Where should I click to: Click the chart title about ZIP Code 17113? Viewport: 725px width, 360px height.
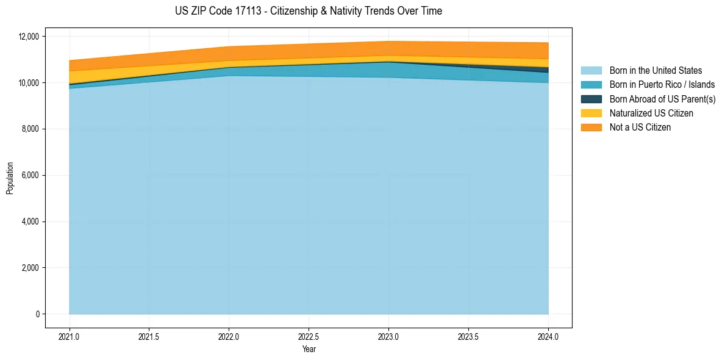coord(308,11)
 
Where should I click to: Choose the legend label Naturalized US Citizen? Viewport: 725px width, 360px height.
coord(651,113)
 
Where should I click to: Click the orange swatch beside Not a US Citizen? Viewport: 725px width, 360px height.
coord(591,128)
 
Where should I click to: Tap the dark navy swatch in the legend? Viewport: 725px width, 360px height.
coord(591,99)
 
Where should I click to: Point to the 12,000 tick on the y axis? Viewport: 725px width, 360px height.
coord(29,37)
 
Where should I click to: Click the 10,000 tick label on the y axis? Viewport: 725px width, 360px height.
coord(29,83)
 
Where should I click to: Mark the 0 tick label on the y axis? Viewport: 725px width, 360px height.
coord(37,314)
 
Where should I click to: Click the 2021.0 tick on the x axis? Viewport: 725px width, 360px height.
coord(70,336)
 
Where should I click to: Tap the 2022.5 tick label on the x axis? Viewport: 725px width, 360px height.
coord(309,336)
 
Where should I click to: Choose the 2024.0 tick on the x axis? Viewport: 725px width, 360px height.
coord(548,336)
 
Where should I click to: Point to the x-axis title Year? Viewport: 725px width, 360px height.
coord(309,349)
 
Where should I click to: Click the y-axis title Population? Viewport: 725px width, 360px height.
coord(10,178)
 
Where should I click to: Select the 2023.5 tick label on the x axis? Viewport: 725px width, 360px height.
coord(468,336)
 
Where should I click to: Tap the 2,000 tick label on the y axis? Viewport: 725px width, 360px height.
coord(30,268)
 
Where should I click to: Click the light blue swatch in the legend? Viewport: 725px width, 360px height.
coord(591,71)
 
